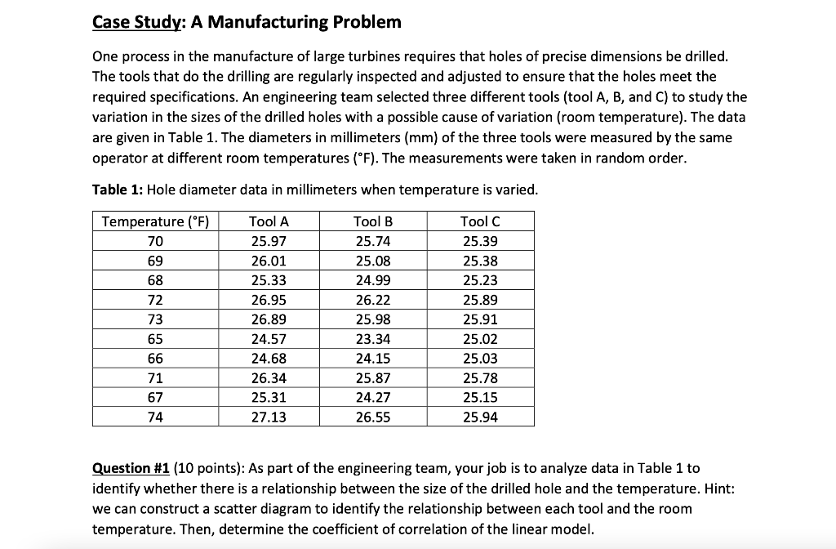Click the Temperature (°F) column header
(x=155, y=221)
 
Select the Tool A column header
(x=269, y=221)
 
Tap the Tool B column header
(x=374, y=221)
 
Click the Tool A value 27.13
(x=269, y=417)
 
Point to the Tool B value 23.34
(x=374, y=339)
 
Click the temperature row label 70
(x=155, y=241)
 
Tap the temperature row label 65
(x=155, y=339)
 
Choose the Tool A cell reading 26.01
(x=269, y=261)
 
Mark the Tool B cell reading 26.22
(x=374, y=300)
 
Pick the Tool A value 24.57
(x=269, y=339)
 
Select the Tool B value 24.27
(x=374, y=398)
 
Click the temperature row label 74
(x=155, y=417)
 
